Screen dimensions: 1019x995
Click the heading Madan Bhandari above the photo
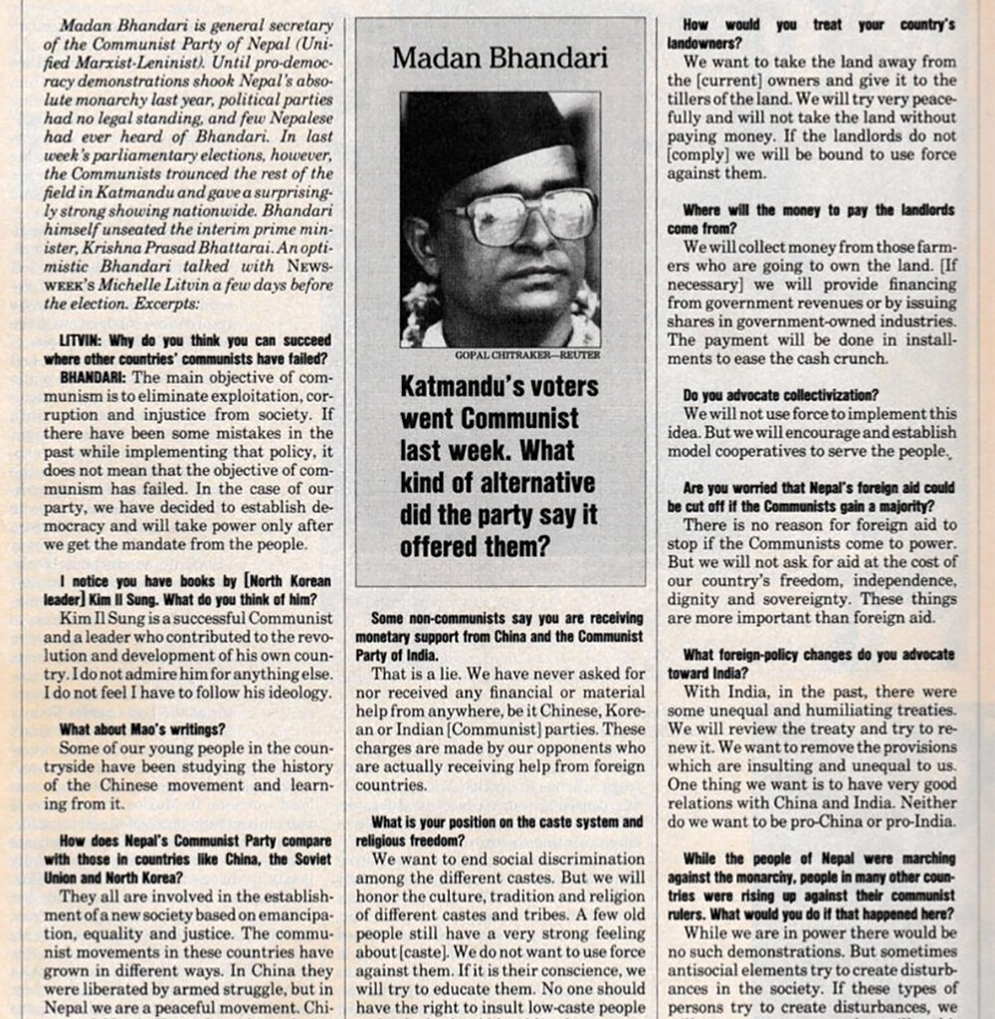[499, 58]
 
